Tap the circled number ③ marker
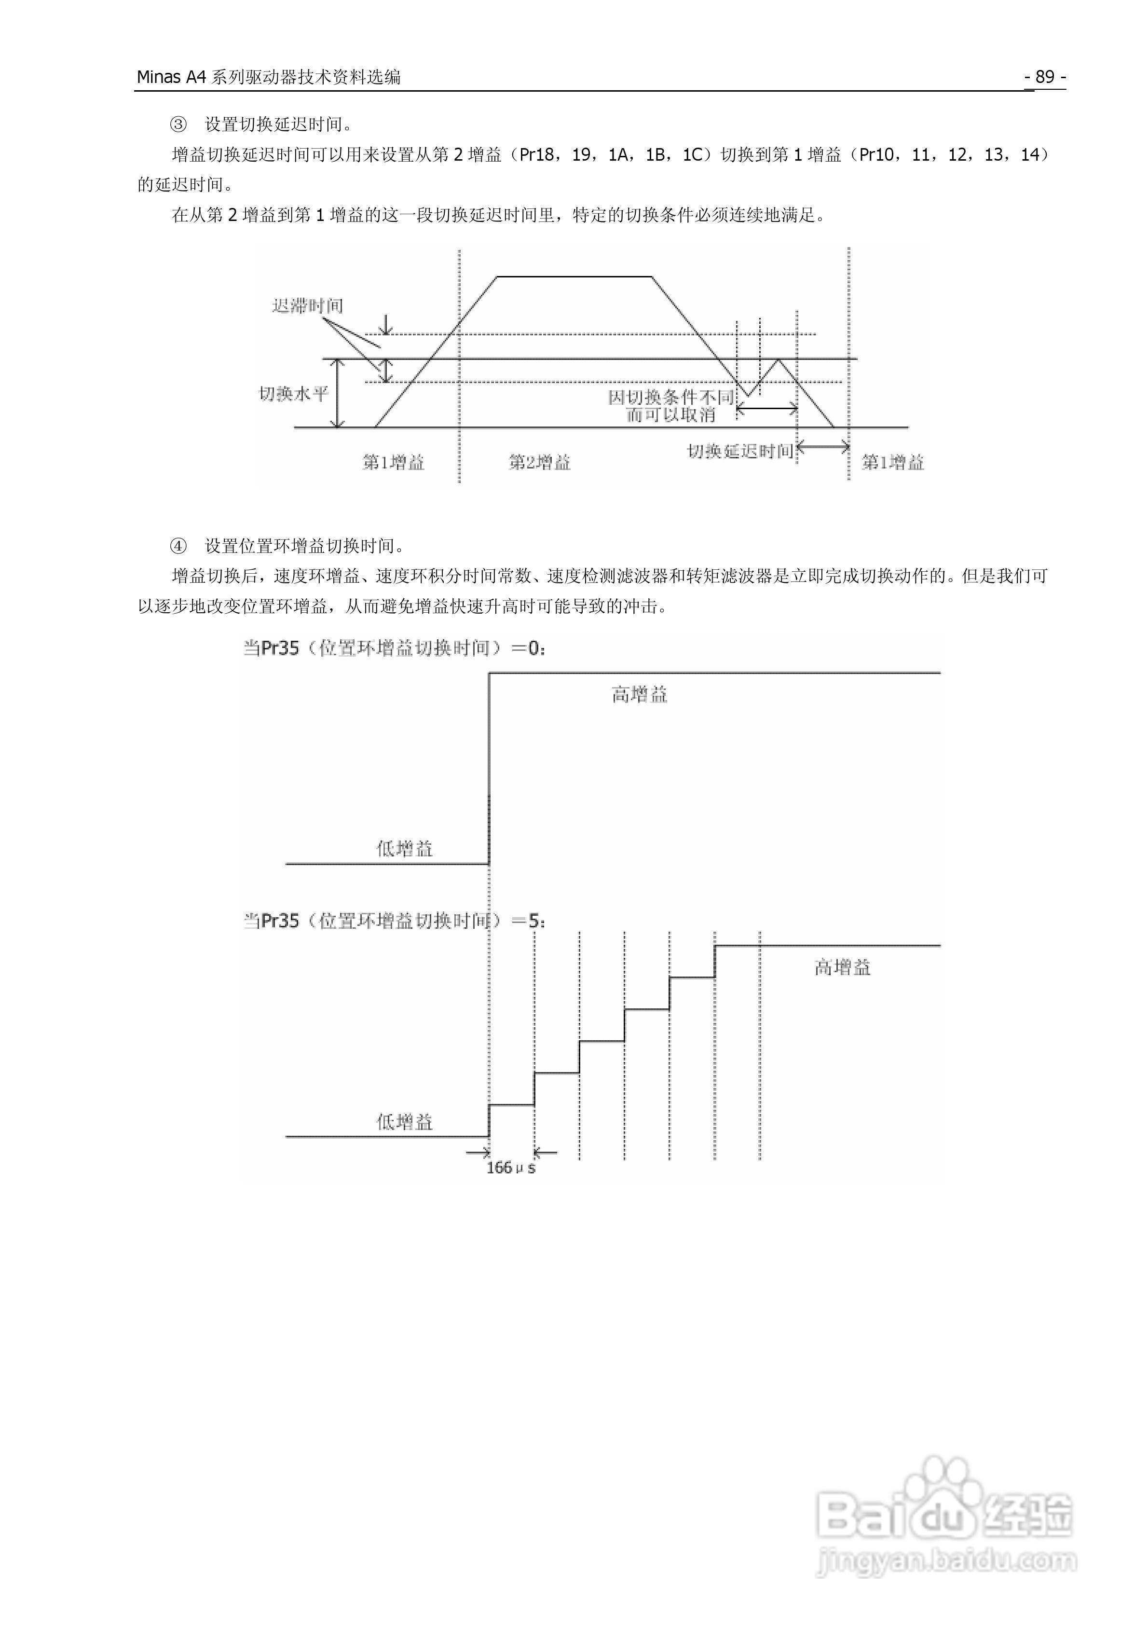click(x=178, y=124)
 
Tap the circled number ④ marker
click(x=178, y=546)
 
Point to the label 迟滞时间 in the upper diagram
click(x=307, y=306)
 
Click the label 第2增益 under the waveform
click(x=539, y=462)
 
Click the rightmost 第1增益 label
click(x=892, y=462)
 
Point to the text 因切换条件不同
click(x=670, y=397)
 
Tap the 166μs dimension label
click(x=510, y=1168)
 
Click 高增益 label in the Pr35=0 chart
click(x=639, y=695)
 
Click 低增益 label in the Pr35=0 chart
click(x=404, y=849)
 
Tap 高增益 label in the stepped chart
click(x=842, y=967)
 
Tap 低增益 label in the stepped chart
click(x=404, y=1122)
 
